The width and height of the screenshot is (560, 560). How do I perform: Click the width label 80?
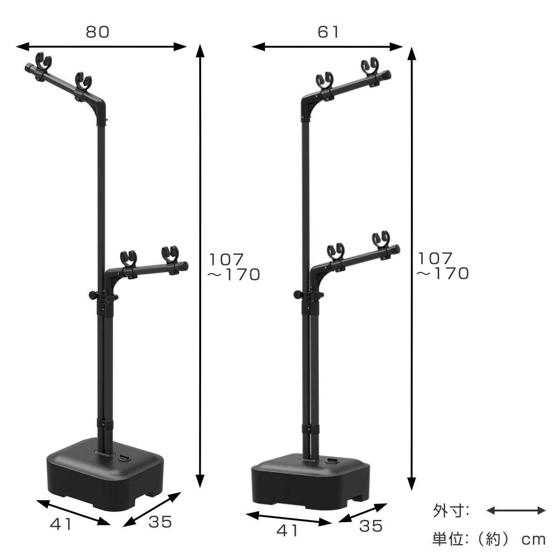click(x=97, y=32)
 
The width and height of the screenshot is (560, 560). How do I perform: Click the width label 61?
click(x=329, y=32)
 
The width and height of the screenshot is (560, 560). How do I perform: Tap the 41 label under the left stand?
click(x=62, y=524)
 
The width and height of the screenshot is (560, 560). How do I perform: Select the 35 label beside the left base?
click(x=160, y=522)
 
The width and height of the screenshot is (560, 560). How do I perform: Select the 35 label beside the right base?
click(x=371, y=526)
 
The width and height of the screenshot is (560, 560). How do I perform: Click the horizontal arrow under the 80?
click(x=101, y=46)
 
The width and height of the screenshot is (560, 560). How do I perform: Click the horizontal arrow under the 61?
click(x=327, y=46)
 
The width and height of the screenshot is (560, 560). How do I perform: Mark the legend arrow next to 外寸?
click(x=516, y=511)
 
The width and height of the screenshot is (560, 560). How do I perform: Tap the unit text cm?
click(x=533, y=539)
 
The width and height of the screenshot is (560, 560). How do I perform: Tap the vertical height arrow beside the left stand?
click(x=200, y=266)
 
